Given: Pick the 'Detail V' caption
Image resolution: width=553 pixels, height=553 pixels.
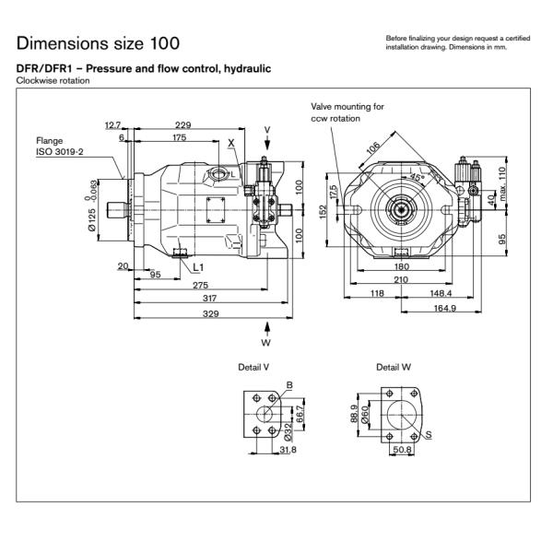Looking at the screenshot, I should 253,367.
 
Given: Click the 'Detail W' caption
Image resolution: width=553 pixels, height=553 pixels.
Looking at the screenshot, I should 394,367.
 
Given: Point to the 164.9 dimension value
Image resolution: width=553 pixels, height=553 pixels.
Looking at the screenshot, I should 444,308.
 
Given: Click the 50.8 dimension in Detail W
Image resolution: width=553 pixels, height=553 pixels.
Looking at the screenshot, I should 402,451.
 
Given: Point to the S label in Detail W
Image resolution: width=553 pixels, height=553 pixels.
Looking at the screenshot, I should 430,434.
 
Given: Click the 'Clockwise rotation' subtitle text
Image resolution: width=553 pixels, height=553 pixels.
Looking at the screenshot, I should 51,81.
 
